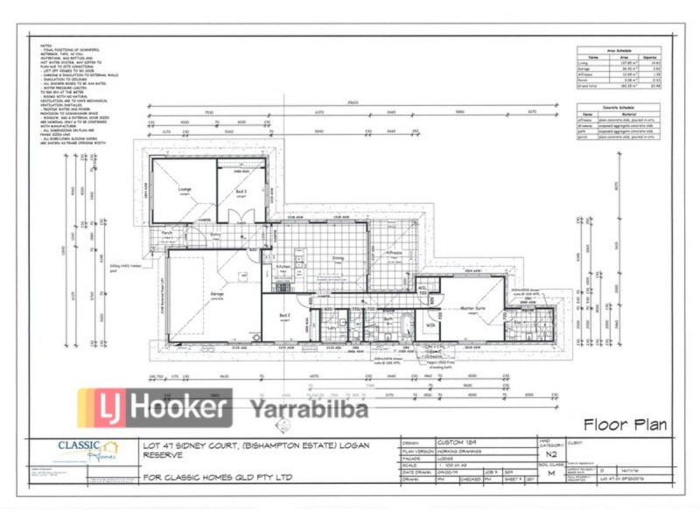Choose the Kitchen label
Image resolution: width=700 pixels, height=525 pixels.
point(283,266)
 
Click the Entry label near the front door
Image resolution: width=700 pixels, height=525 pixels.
point(215,234)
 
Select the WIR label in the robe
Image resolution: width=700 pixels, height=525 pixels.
point(430,325)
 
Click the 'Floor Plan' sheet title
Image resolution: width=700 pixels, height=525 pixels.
point(624,425)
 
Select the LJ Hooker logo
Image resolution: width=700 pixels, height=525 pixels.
point(154,408)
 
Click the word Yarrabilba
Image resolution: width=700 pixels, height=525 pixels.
point(310,409)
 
